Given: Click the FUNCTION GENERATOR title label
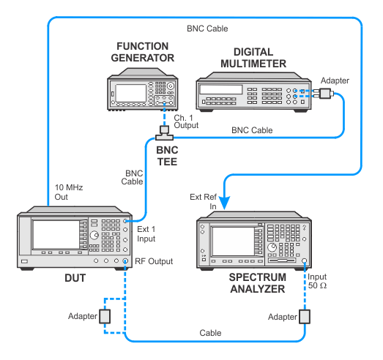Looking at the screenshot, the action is [143, 52].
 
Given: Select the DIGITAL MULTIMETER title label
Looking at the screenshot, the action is [253, 58].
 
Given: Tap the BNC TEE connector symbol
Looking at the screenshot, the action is [164, 133].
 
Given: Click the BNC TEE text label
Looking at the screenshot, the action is [167, 156].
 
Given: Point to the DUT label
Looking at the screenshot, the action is [75, 278].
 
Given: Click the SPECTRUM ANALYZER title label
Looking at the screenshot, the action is [258, 283].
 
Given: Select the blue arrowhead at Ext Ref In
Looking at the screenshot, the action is [225, 203].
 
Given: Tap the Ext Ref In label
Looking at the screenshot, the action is [204, 202].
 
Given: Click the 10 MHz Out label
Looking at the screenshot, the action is [69, 192].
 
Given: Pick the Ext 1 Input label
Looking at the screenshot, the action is [146, 234].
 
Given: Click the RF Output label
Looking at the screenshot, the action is [154, 261].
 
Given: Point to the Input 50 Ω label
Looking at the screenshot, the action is [317, 281].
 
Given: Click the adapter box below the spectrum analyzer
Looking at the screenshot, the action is [305, 317].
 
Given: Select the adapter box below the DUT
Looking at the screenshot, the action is [105, 316].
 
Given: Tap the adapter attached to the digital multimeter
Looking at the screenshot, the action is [324, 94].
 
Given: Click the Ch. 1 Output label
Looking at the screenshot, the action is [186, 121].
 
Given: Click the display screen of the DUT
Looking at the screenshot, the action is [56, 235].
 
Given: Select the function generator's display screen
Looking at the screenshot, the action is [130, 93].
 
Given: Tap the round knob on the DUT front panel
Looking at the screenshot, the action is [94, 235].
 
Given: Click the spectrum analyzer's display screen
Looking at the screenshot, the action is [234, 241].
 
